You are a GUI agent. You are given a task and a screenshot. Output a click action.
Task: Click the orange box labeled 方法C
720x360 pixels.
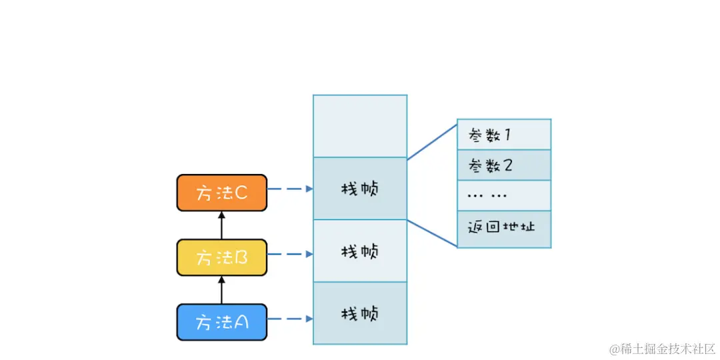click(222, 193)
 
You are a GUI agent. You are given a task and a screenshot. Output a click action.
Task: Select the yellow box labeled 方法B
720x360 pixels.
click(222, 257)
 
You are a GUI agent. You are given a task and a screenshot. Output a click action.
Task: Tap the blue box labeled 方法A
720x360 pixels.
click(222, 322)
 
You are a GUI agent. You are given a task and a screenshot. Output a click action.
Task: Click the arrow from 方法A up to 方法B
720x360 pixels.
click(222, 290)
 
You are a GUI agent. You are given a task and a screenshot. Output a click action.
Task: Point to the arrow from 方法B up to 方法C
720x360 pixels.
click(222, 225)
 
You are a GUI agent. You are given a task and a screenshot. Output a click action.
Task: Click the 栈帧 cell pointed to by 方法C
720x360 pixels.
click(360, 189)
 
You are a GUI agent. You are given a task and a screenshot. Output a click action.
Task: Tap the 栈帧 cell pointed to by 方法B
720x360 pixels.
click(360, 251)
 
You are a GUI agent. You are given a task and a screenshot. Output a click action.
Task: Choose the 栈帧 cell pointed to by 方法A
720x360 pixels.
click(360, 313)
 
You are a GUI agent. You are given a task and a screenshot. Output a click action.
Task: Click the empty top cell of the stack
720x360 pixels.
click(360, 126)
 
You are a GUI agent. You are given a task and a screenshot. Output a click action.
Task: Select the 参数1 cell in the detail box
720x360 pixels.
click(504, 135)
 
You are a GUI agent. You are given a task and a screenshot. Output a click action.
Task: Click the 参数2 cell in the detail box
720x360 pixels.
click(504, 165)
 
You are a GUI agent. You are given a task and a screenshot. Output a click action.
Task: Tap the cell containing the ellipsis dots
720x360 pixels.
click(504, 195)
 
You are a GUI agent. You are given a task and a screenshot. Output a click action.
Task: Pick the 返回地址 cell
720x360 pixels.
click(504, 227)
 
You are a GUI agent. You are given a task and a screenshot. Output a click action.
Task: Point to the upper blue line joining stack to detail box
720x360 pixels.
click(432, 140)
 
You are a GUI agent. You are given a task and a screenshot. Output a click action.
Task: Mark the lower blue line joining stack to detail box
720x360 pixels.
click(432, 233)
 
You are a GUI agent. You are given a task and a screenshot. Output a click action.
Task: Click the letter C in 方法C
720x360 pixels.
click(241, 193)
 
